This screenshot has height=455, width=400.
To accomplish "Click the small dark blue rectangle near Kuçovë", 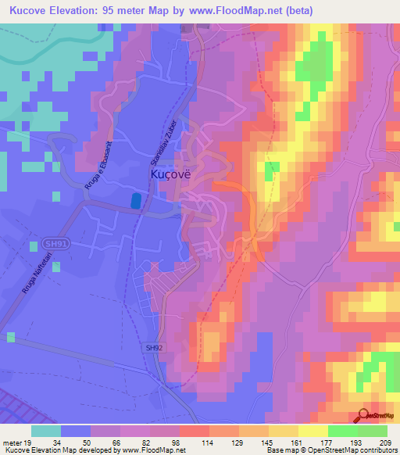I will click(137, 201).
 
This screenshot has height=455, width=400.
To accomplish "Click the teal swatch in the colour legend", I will click(46, 430).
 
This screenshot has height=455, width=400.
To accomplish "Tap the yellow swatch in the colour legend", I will click(313, 430).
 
